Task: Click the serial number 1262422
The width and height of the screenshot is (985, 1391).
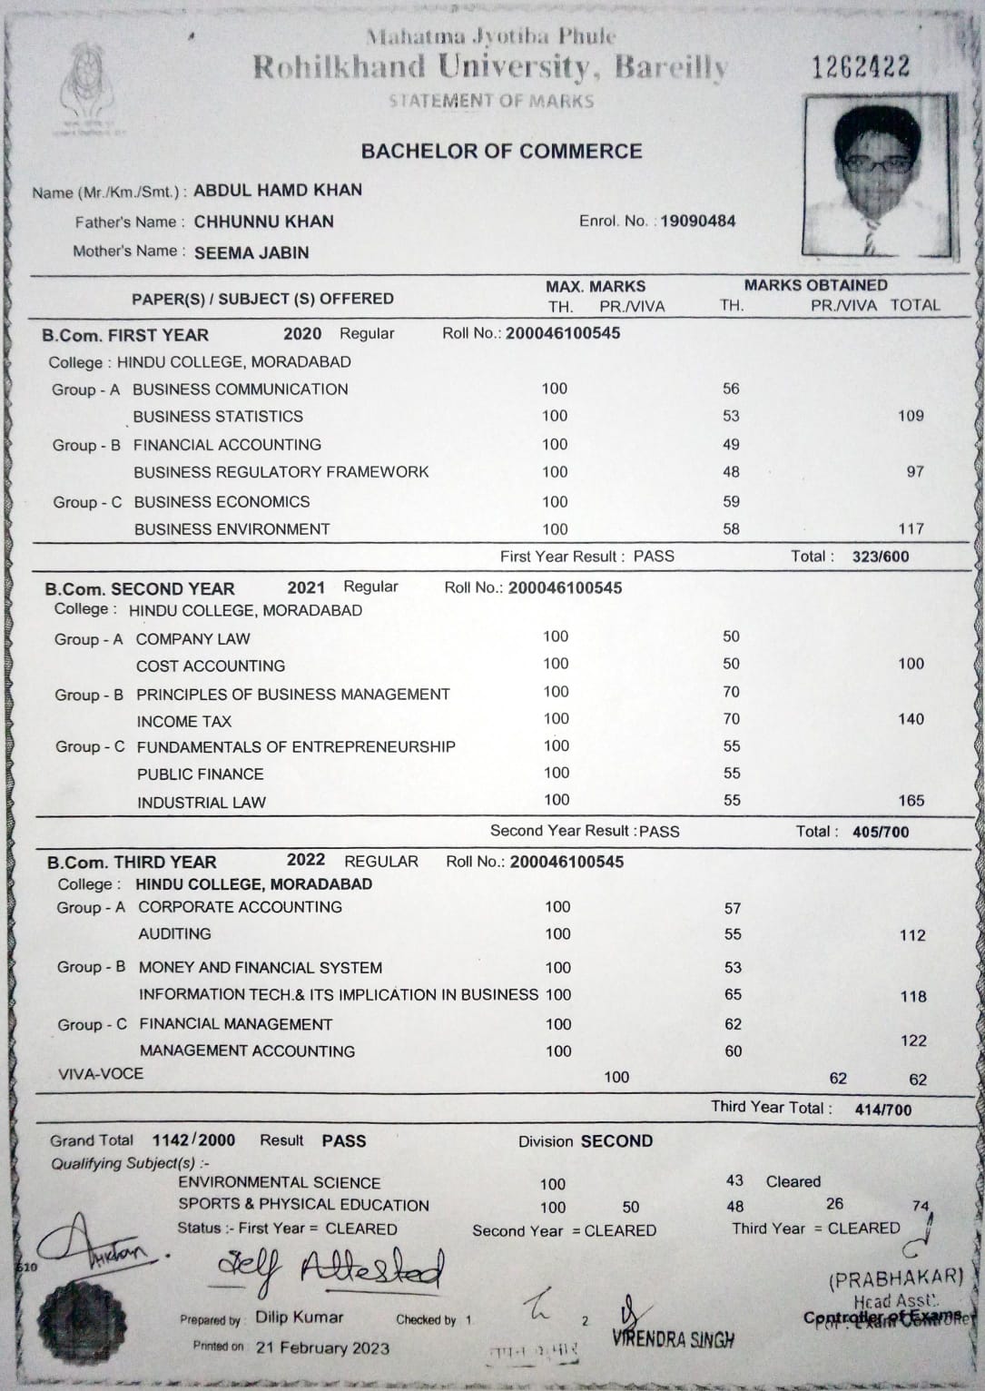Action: coord(861,66)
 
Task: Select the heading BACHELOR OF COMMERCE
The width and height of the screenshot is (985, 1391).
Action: coord(501,152)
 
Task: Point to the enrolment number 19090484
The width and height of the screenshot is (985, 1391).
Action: coord(697,221)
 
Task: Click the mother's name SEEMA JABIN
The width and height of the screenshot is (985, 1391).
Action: coord(251,253)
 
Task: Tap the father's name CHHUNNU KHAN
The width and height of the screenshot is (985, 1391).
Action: coord(263,222)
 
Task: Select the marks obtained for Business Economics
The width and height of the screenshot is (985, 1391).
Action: coord(731,501)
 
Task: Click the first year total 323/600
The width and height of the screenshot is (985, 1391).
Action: coord(880,557)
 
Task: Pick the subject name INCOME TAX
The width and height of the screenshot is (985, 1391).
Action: coord(184,722)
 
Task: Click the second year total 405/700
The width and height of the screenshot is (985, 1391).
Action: coord(880,832)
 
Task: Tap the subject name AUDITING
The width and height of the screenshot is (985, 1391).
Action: coord(174,934)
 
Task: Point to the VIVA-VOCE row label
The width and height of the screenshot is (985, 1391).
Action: coord(101,1074)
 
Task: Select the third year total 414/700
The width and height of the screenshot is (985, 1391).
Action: coord(882,1109)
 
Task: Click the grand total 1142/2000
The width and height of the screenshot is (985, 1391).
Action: coord(193,1140)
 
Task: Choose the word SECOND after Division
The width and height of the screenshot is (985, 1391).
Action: coord(616,1141)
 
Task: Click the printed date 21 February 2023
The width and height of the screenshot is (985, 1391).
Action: coord(322,1347)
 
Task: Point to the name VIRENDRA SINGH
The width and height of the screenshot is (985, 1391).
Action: coord(673,1338)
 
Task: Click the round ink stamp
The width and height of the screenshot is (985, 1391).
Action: coord(82,1317)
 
